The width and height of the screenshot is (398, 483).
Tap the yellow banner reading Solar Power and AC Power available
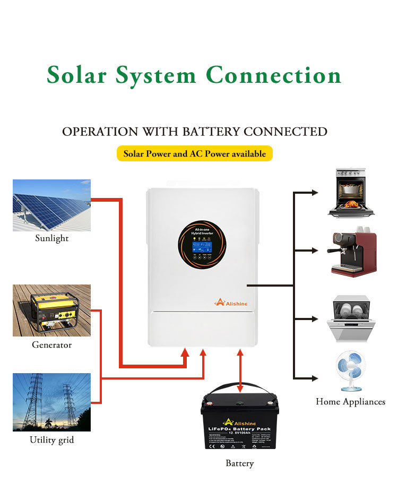coord(194,154)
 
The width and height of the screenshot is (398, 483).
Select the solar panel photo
coord(51,205)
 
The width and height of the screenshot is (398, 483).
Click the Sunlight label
coord(51,238)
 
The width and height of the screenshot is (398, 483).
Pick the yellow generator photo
coord(51,310)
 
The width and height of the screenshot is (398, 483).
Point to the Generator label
coord(51,345)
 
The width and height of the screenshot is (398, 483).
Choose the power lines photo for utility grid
coord(51,402)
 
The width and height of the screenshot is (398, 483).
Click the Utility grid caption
coord(51,440)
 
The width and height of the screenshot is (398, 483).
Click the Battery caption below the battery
coord(239,463)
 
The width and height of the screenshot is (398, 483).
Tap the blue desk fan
coord(350,372)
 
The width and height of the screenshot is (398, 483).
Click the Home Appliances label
coord(350,402)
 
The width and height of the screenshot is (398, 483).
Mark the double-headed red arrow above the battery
coord(240,372)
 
